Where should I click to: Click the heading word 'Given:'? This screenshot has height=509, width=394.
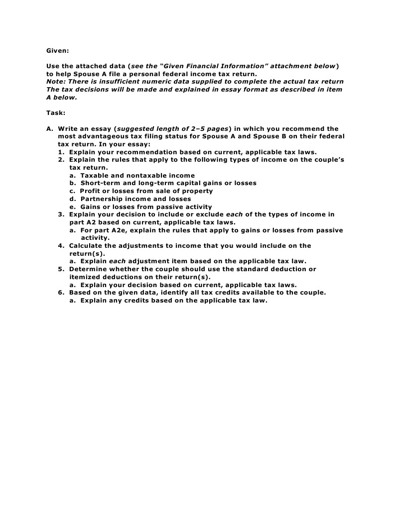(x=57, y=50)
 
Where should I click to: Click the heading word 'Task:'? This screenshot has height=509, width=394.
(x=56, y=112)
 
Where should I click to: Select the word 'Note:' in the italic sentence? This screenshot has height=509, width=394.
(x=56, y=82)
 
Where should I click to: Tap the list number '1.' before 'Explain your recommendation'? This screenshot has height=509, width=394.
(x=61, y=152)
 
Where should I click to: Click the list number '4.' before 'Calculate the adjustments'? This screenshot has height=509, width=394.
(x=61, y=245)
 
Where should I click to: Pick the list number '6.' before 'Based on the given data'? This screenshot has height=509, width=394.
(x=61, y=293)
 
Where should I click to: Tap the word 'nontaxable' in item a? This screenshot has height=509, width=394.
(x=145, y=175)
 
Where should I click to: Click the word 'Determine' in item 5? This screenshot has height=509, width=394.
(x=87, y=269)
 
